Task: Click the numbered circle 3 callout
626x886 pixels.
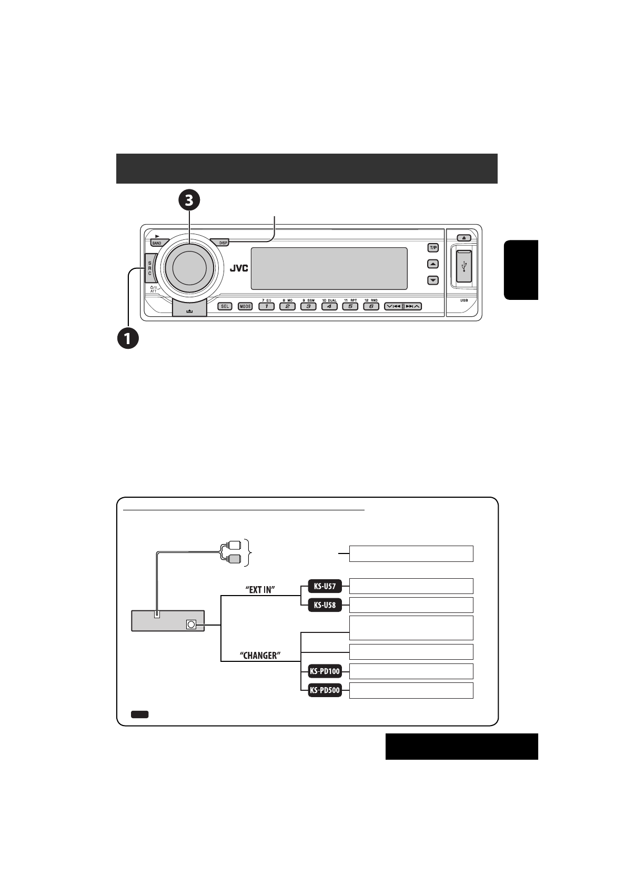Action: click(x=189, y=200)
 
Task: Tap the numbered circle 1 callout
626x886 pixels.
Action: click(x=128, y=337)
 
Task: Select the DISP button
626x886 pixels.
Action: click(x=223, y=243)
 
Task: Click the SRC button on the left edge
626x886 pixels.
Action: click(x=149, y=268)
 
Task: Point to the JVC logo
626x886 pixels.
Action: click(x=238, y=268)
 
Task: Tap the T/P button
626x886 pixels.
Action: click(x=432, y=248)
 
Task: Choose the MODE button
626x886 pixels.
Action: click(x=245, y=306)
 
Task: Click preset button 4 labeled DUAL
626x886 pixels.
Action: click(x=329, y=306)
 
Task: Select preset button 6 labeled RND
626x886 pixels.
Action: click(x=371, y=306)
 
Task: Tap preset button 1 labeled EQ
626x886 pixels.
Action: click(x=266, y=306)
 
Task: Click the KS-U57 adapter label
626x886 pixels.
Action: click(x=325, y=586)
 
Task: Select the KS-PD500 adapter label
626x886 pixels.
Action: click(x=325, y=690)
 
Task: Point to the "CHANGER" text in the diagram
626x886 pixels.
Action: click(x=260, y=656)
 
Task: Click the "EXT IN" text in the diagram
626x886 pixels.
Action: click(x=260, y=590)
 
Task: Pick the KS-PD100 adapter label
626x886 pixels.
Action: click(x=325, y=671)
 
